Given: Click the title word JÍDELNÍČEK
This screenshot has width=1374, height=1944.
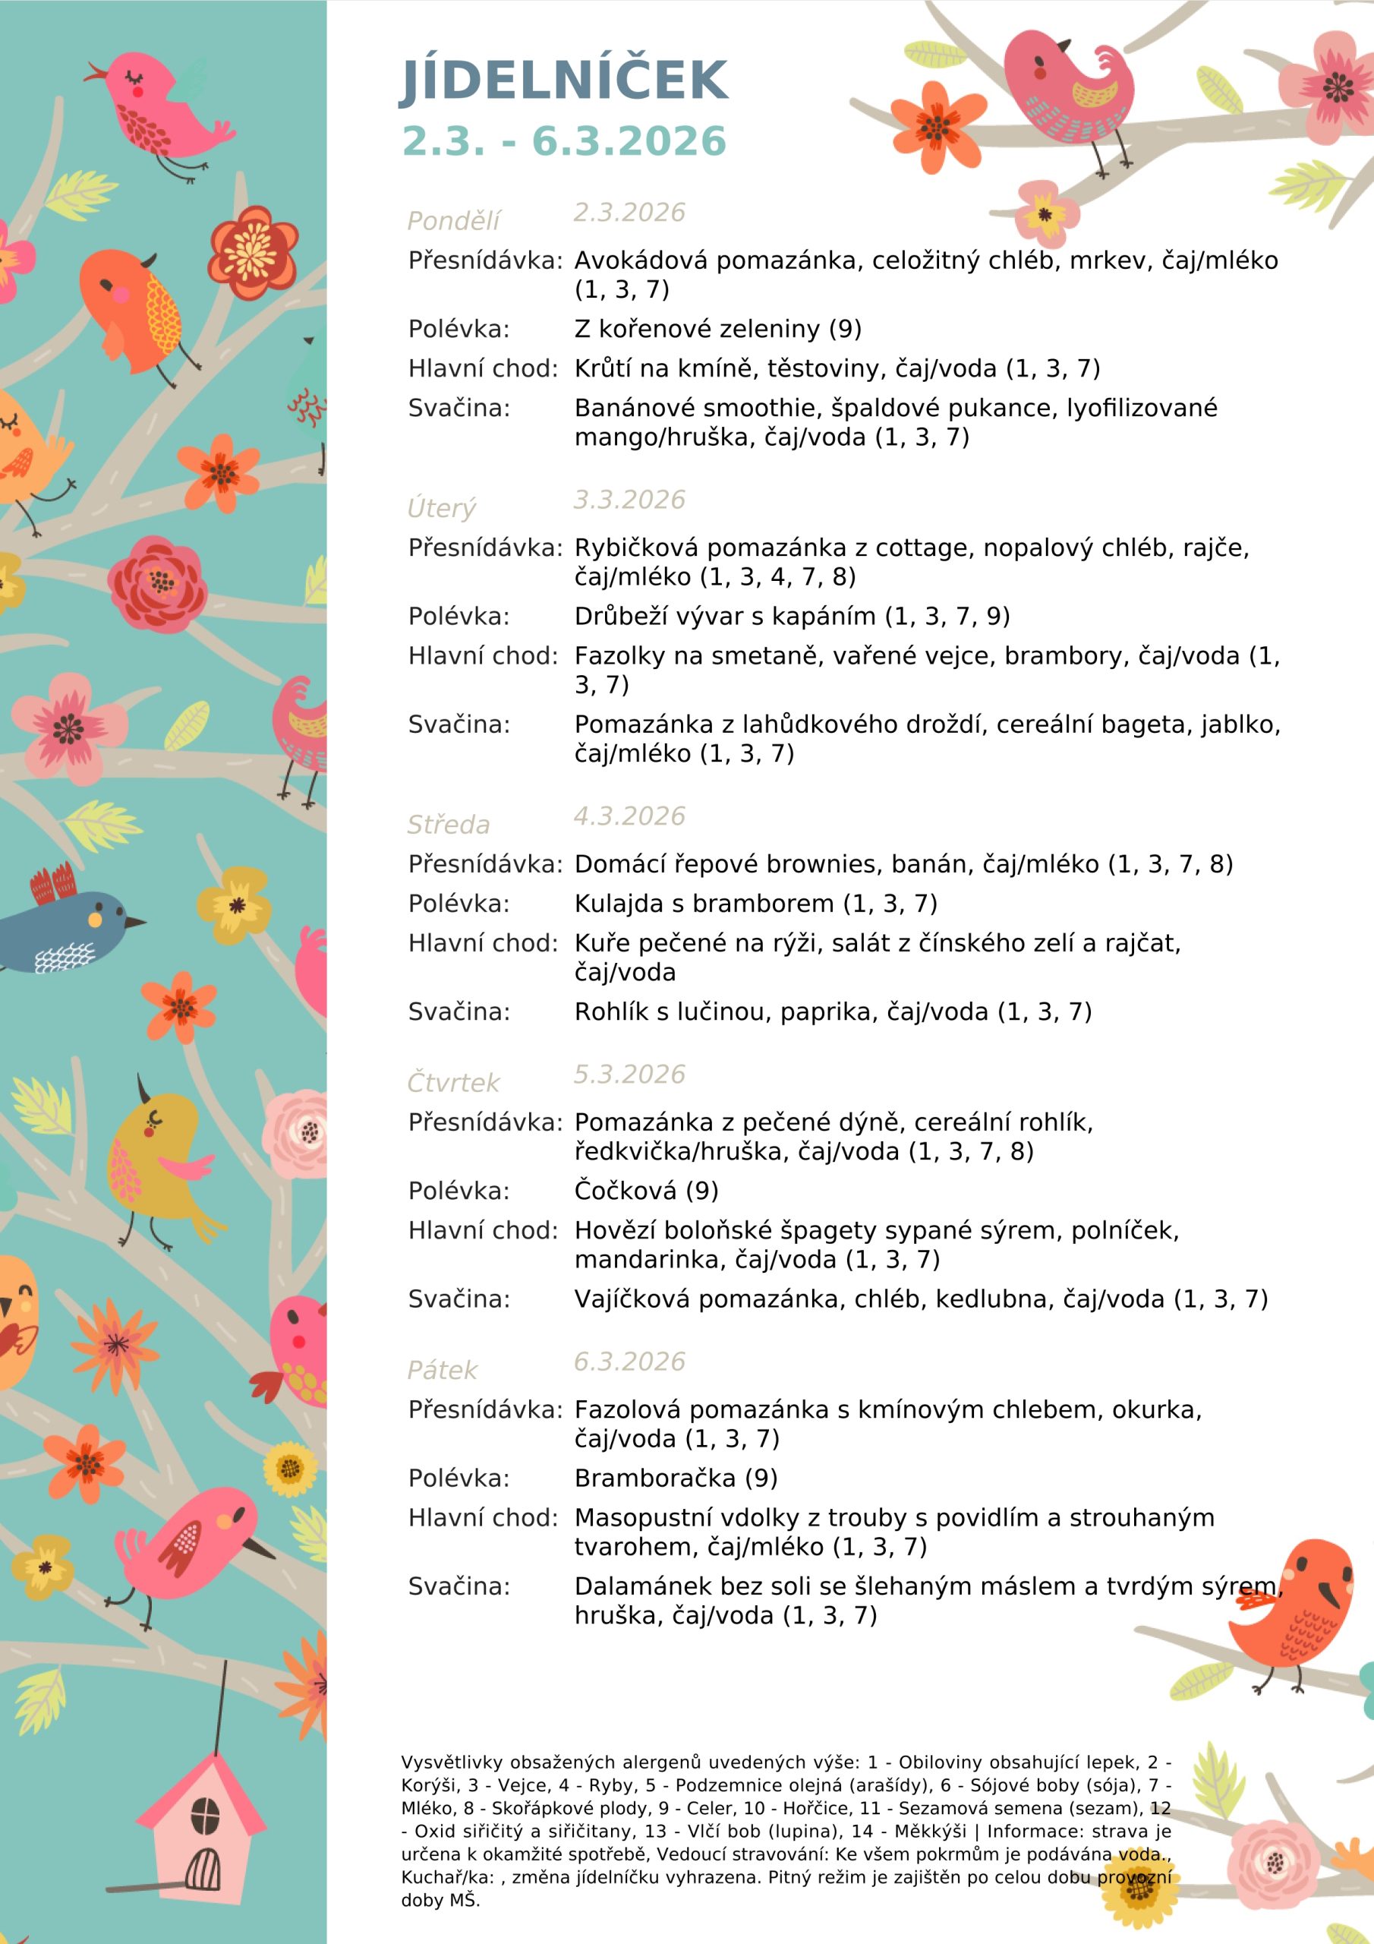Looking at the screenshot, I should (x=563, y=80).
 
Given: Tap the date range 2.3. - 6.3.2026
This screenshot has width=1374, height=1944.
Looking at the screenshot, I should (x=563, y=140).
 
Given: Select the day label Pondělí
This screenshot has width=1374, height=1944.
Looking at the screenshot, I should (x=453, y=221).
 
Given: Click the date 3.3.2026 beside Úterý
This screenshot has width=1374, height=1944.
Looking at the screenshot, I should (x=629, y=500).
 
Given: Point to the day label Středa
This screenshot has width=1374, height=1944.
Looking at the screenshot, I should (x=448, y=825).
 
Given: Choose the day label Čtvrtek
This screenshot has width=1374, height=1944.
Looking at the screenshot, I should (x=453, y=1083).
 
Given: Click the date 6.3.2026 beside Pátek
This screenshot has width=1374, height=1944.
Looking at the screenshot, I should (x=629, y=1362).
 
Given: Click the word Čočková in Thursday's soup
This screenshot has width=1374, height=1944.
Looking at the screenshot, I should (x=625, y=1191).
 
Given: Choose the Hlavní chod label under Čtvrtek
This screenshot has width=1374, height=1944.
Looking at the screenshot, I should (x=483, y=1230).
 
